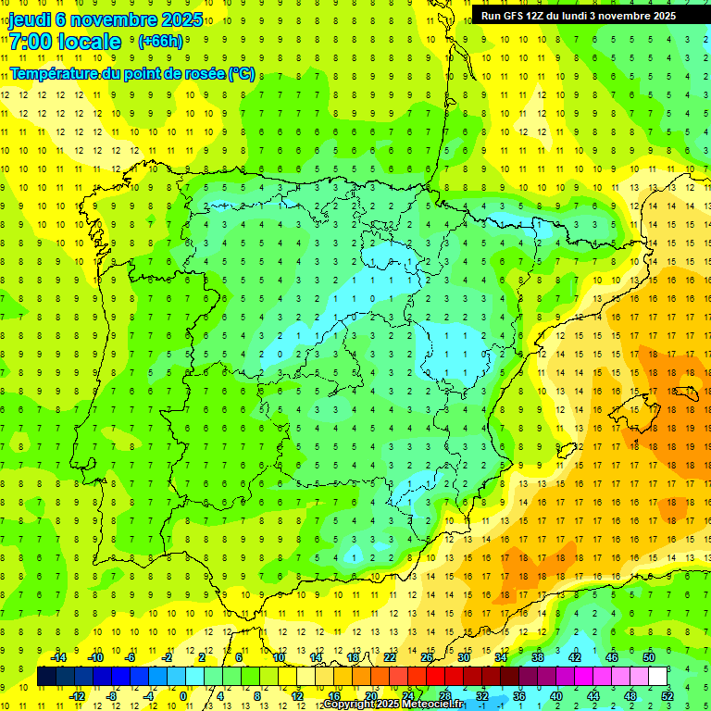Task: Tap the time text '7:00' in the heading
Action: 30,42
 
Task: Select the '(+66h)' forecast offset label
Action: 160,42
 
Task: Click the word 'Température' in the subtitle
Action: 56,74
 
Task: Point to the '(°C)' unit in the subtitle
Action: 242,74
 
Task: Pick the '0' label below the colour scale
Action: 182,696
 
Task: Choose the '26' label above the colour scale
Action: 427,657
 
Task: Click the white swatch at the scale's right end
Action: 658,677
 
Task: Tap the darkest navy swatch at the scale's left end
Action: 46,677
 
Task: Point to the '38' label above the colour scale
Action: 538,657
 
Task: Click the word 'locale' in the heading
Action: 90,42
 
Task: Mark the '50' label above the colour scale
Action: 649,657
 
